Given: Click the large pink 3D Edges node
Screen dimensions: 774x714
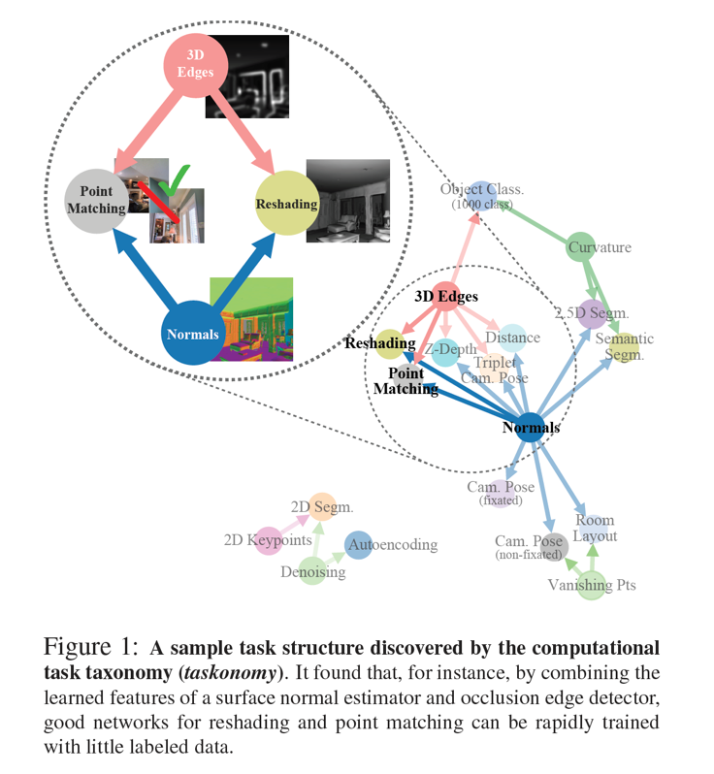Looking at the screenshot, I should coord(196,66).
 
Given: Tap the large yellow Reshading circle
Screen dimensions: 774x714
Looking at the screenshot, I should coord(286,204).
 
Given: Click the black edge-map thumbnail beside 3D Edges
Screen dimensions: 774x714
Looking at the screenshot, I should coord(246,77).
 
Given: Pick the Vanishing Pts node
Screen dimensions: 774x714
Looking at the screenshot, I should coord(592,585).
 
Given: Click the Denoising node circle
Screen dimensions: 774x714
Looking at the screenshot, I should coord(312,571).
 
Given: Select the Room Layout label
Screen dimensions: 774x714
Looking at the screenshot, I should coord(594,529).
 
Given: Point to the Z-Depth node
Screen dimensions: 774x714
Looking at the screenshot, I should coord(445,350).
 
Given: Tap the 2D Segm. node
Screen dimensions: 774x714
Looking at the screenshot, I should coord(322,506).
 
